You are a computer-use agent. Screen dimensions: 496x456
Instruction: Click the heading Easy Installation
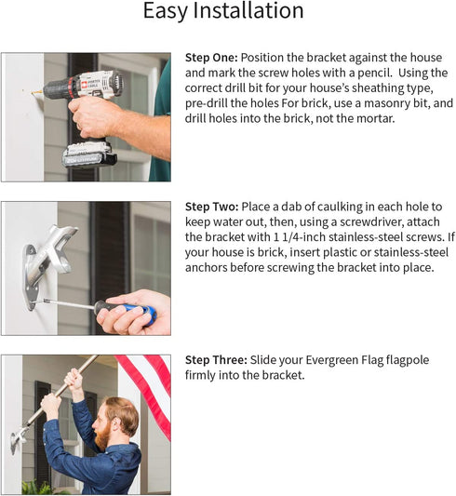pos(222,12)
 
